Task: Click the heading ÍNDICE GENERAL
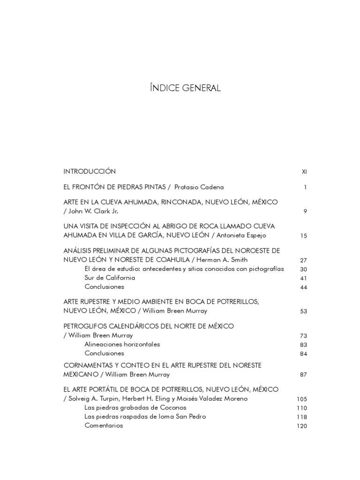(x=184, y=88)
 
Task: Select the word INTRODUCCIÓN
(x=90, y=171)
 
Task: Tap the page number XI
(x=304, y=172)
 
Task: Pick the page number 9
(x=305, y=211)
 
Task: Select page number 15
(x=304, y=236)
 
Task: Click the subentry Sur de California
(x=110, y=277)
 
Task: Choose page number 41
(x=303, y=278)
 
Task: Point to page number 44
(x=303, y=287)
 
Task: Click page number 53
(x=303, y=311)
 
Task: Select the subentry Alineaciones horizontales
(x=122, y=344)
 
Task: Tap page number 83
(x=303, y=345)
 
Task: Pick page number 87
(x=303, y=375)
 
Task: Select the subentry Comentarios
(x=104, y=426)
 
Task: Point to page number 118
(x=302, y=417)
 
